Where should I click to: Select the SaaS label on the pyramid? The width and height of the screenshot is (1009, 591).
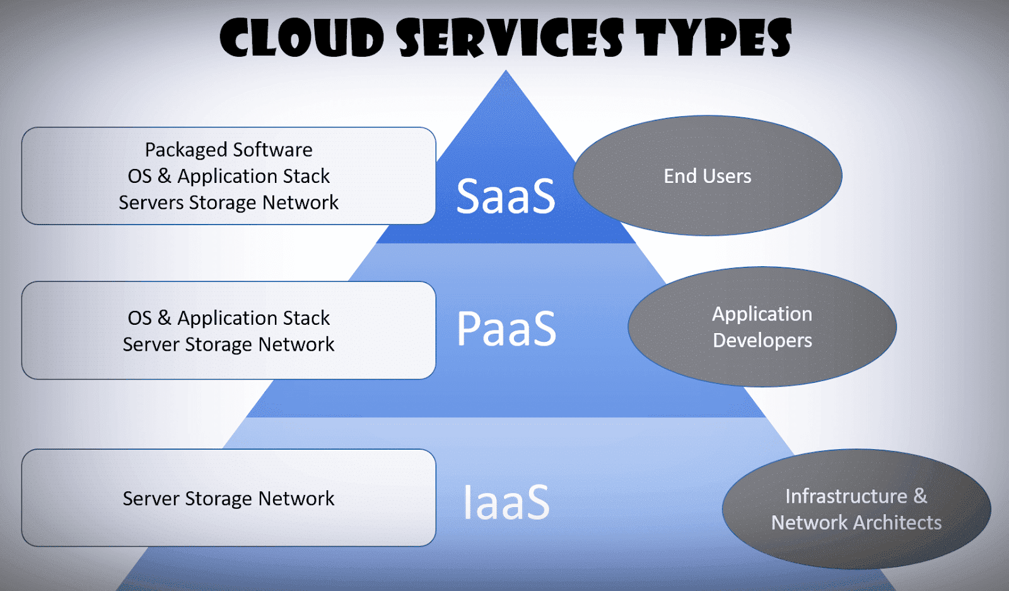pos(506,196)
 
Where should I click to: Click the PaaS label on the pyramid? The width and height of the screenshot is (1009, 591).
pos(506,328)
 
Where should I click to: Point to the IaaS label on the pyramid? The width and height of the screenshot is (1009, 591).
pos(506,502)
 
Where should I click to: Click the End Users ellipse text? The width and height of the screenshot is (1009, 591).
pos(707,176)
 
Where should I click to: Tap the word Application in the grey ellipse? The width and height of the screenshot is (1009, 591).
pos(762,315)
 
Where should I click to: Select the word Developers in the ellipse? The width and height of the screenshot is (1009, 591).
pos(762,341)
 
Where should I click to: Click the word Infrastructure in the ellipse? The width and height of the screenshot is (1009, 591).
pos(846,496)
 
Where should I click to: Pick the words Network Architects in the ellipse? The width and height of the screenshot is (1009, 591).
pos(856,522)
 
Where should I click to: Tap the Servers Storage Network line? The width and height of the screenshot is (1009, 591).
pos(228,202)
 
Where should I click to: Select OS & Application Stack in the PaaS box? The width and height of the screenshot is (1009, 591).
pos(228,319)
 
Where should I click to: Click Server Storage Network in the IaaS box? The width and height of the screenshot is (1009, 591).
pos(228,499)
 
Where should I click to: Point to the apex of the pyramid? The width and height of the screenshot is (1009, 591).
pos(506,70)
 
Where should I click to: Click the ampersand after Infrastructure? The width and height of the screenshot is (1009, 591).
pos(920,496)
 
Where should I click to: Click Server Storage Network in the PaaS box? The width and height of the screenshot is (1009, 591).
pos(228,344)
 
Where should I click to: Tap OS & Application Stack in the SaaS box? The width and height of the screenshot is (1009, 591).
pos(228,177)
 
